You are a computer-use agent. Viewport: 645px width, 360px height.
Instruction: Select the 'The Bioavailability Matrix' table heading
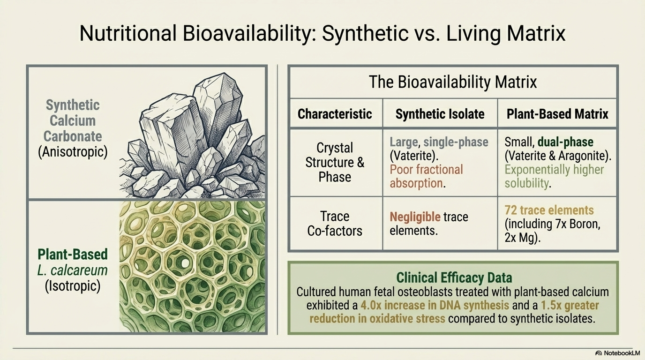point(453,82)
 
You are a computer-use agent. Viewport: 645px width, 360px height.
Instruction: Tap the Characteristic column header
point(335,114)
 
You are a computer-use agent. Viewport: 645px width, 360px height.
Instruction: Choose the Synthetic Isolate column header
point(440,114)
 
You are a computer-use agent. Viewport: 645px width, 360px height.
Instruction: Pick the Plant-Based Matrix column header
point(557,114)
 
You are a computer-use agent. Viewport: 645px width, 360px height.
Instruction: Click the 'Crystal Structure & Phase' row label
point(335,162)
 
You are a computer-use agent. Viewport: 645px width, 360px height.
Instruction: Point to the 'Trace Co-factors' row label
point(335,224)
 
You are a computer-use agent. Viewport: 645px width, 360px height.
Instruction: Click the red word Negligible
point(415,217)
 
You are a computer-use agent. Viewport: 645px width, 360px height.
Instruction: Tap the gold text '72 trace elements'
point(549,210)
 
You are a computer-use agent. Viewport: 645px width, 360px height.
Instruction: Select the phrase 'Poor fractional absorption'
point(426,176)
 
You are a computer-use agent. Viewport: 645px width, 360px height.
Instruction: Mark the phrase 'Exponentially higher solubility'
point(554,176)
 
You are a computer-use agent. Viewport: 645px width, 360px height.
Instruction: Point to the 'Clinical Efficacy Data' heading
point(454,277)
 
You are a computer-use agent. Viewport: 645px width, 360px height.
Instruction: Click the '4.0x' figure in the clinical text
point(371,305)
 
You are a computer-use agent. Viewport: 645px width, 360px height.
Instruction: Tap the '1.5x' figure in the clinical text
point(551,305)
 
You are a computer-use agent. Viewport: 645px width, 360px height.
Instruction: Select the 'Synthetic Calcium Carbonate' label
point(73,120)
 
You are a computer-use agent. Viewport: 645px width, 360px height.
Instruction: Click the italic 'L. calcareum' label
point(72,270)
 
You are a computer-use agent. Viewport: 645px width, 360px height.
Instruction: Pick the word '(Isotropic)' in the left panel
point(73,286)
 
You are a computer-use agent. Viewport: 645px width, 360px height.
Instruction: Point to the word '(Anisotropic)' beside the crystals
point(73,152)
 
